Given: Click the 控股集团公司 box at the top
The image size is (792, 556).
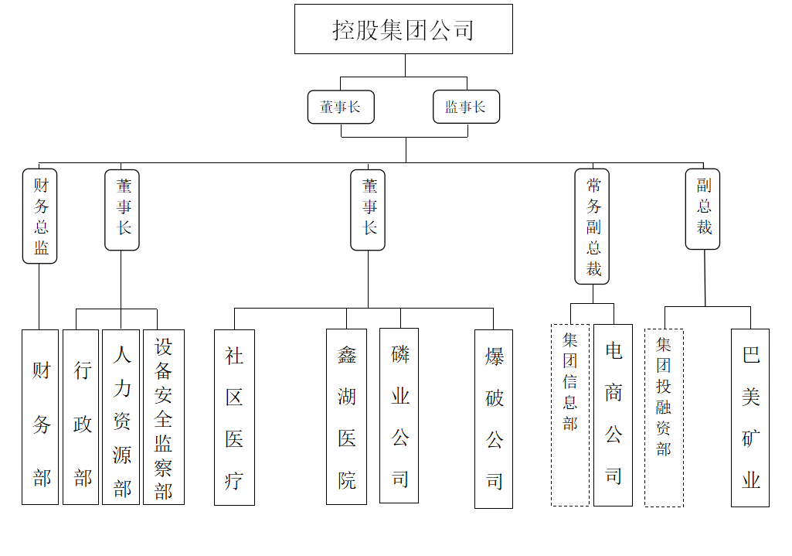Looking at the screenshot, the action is pos(403,29).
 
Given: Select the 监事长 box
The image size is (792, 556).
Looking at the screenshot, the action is pos(466,107).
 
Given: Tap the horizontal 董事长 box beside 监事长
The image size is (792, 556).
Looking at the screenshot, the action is pos(341,107).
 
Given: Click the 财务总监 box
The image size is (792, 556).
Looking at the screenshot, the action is pos(40,216).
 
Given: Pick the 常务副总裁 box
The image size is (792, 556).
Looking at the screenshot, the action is pos(592,227).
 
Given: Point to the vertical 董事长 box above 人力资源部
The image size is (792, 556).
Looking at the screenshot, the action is pos(122,210).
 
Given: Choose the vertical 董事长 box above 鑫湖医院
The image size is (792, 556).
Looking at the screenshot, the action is pos(368,210).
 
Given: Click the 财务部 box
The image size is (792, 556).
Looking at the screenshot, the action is pos(40,417).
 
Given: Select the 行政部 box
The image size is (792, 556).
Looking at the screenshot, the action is pos(81,417).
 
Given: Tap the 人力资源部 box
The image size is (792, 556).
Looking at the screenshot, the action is pos(121,417).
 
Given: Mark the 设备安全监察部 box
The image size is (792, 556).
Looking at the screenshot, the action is pos(164,417).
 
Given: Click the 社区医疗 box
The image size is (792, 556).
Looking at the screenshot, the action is pos(234,418).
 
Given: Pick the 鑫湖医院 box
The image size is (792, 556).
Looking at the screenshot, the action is pos(346,417).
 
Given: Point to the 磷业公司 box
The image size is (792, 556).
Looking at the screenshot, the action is pos(399,415).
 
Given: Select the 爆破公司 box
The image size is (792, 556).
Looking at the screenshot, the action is pos(494,419).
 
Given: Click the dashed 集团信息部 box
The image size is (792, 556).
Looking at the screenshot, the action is pos(570,415).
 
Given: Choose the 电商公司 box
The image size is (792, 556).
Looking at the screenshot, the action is pos(614,415).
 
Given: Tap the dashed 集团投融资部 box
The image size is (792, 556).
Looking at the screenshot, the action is pos(665,418).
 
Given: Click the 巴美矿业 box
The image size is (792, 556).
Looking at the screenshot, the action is pos(750,418).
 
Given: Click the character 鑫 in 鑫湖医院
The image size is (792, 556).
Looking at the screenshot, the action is pos(347,356).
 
